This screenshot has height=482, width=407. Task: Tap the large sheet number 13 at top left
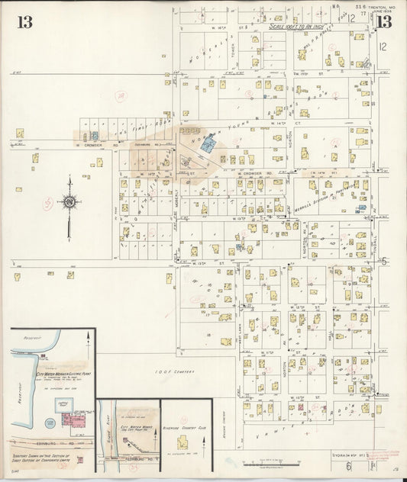click(x=24, y=21)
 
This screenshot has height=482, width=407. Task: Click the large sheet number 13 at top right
click(x=383, y=21)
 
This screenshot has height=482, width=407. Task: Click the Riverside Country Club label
click(x=185, y=428)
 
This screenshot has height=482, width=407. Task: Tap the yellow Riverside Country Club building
click(x=183, y=442)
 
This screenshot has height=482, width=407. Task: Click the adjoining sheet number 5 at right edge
click(x=384, y=261)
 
